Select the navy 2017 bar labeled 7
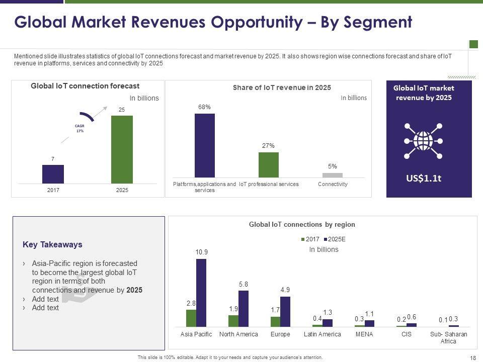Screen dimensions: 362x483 point(53,174)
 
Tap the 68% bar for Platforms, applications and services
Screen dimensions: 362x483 point(204,145)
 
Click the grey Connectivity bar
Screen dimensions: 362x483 point(332,175)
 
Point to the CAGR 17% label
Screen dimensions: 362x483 point(79,129)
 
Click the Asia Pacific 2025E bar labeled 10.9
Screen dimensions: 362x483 point(201,293)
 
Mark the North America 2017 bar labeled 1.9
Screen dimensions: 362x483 point(233,321)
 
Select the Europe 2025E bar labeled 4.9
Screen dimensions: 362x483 point(285,312)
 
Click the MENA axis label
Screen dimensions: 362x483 point(364,334)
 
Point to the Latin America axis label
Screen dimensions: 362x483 point(323,334)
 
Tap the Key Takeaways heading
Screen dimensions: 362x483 point(52,245)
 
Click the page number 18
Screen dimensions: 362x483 point(472,357)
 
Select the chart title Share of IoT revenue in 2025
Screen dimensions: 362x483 point(282,87)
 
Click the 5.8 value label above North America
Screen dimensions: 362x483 point(244,285)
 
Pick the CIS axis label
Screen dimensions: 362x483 point(406,334)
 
